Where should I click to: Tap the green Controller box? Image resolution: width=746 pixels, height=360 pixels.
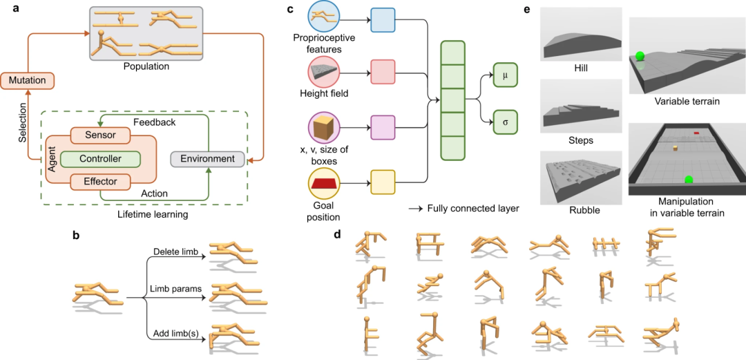tap(102, 158)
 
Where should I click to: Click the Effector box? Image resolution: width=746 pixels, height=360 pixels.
tap(100, 181)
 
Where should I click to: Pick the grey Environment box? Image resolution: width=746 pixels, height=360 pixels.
tap(208, 158)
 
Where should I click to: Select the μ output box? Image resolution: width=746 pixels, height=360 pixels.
tap(504, 76)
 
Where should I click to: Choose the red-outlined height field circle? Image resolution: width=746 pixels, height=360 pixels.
tap(325, 72)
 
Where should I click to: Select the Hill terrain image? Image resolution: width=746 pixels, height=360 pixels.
tap(580, 34)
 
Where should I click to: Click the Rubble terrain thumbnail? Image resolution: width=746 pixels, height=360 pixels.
tap(580, 178)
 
